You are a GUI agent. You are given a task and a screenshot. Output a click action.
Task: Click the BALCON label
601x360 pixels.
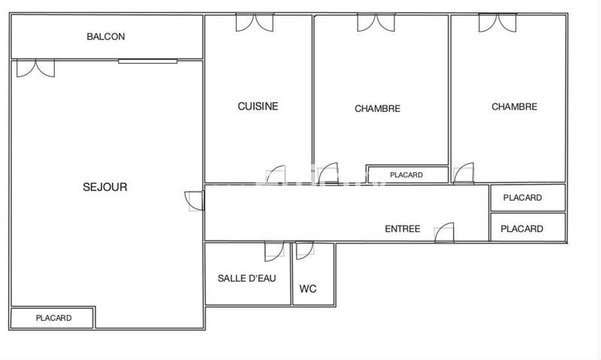pos(106,36)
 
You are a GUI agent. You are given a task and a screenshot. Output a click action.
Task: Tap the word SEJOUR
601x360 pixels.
pos(104,187)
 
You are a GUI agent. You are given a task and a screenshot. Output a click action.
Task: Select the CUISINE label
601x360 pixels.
pos(258,106)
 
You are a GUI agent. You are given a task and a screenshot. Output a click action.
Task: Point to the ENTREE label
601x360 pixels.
pos(402,229)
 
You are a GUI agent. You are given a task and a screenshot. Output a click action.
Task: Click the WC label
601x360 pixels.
pos(308,289)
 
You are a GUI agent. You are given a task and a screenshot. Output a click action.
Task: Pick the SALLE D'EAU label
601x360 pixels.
pos(247,278)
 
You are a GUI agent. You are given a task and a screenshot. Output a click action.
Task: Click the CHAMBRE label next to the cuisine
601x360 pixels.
pos(377,108)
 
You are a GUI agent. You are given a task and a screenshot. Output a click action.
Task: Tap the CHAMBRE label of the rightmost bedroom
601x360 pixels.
pos(514,107)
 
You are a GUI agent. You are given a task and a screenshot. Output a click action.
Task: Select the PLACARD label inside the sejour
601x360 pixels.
pos(53,318)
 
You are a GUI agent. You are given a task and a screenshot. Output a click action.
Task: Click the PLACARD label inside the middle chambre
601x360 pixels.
pos(406,175)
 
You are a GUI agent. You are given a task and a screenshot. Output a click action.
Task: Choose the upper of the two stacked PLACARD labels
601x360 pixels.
pos(523,198)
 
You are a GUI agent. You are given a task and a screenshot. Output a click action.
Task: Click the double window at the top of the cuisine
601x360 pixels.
pos(255,22)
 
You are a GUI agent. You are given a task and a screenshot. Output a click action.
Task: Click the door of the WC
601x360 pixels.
pos(304,250)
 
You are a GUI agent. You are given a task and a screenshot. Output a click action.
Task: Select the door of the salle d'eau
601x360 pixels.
pos(274,251)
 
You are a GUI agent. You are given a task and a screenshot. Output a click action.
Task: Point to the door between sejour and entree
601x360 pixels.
pos(194,201)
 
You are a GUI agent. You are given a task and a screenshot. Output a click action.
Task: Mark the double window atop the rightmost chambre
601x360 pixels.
pos(497,22)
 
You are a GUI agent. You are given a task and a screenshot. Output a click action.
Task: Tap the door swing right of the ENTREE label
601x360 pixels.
pos(445,232)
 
